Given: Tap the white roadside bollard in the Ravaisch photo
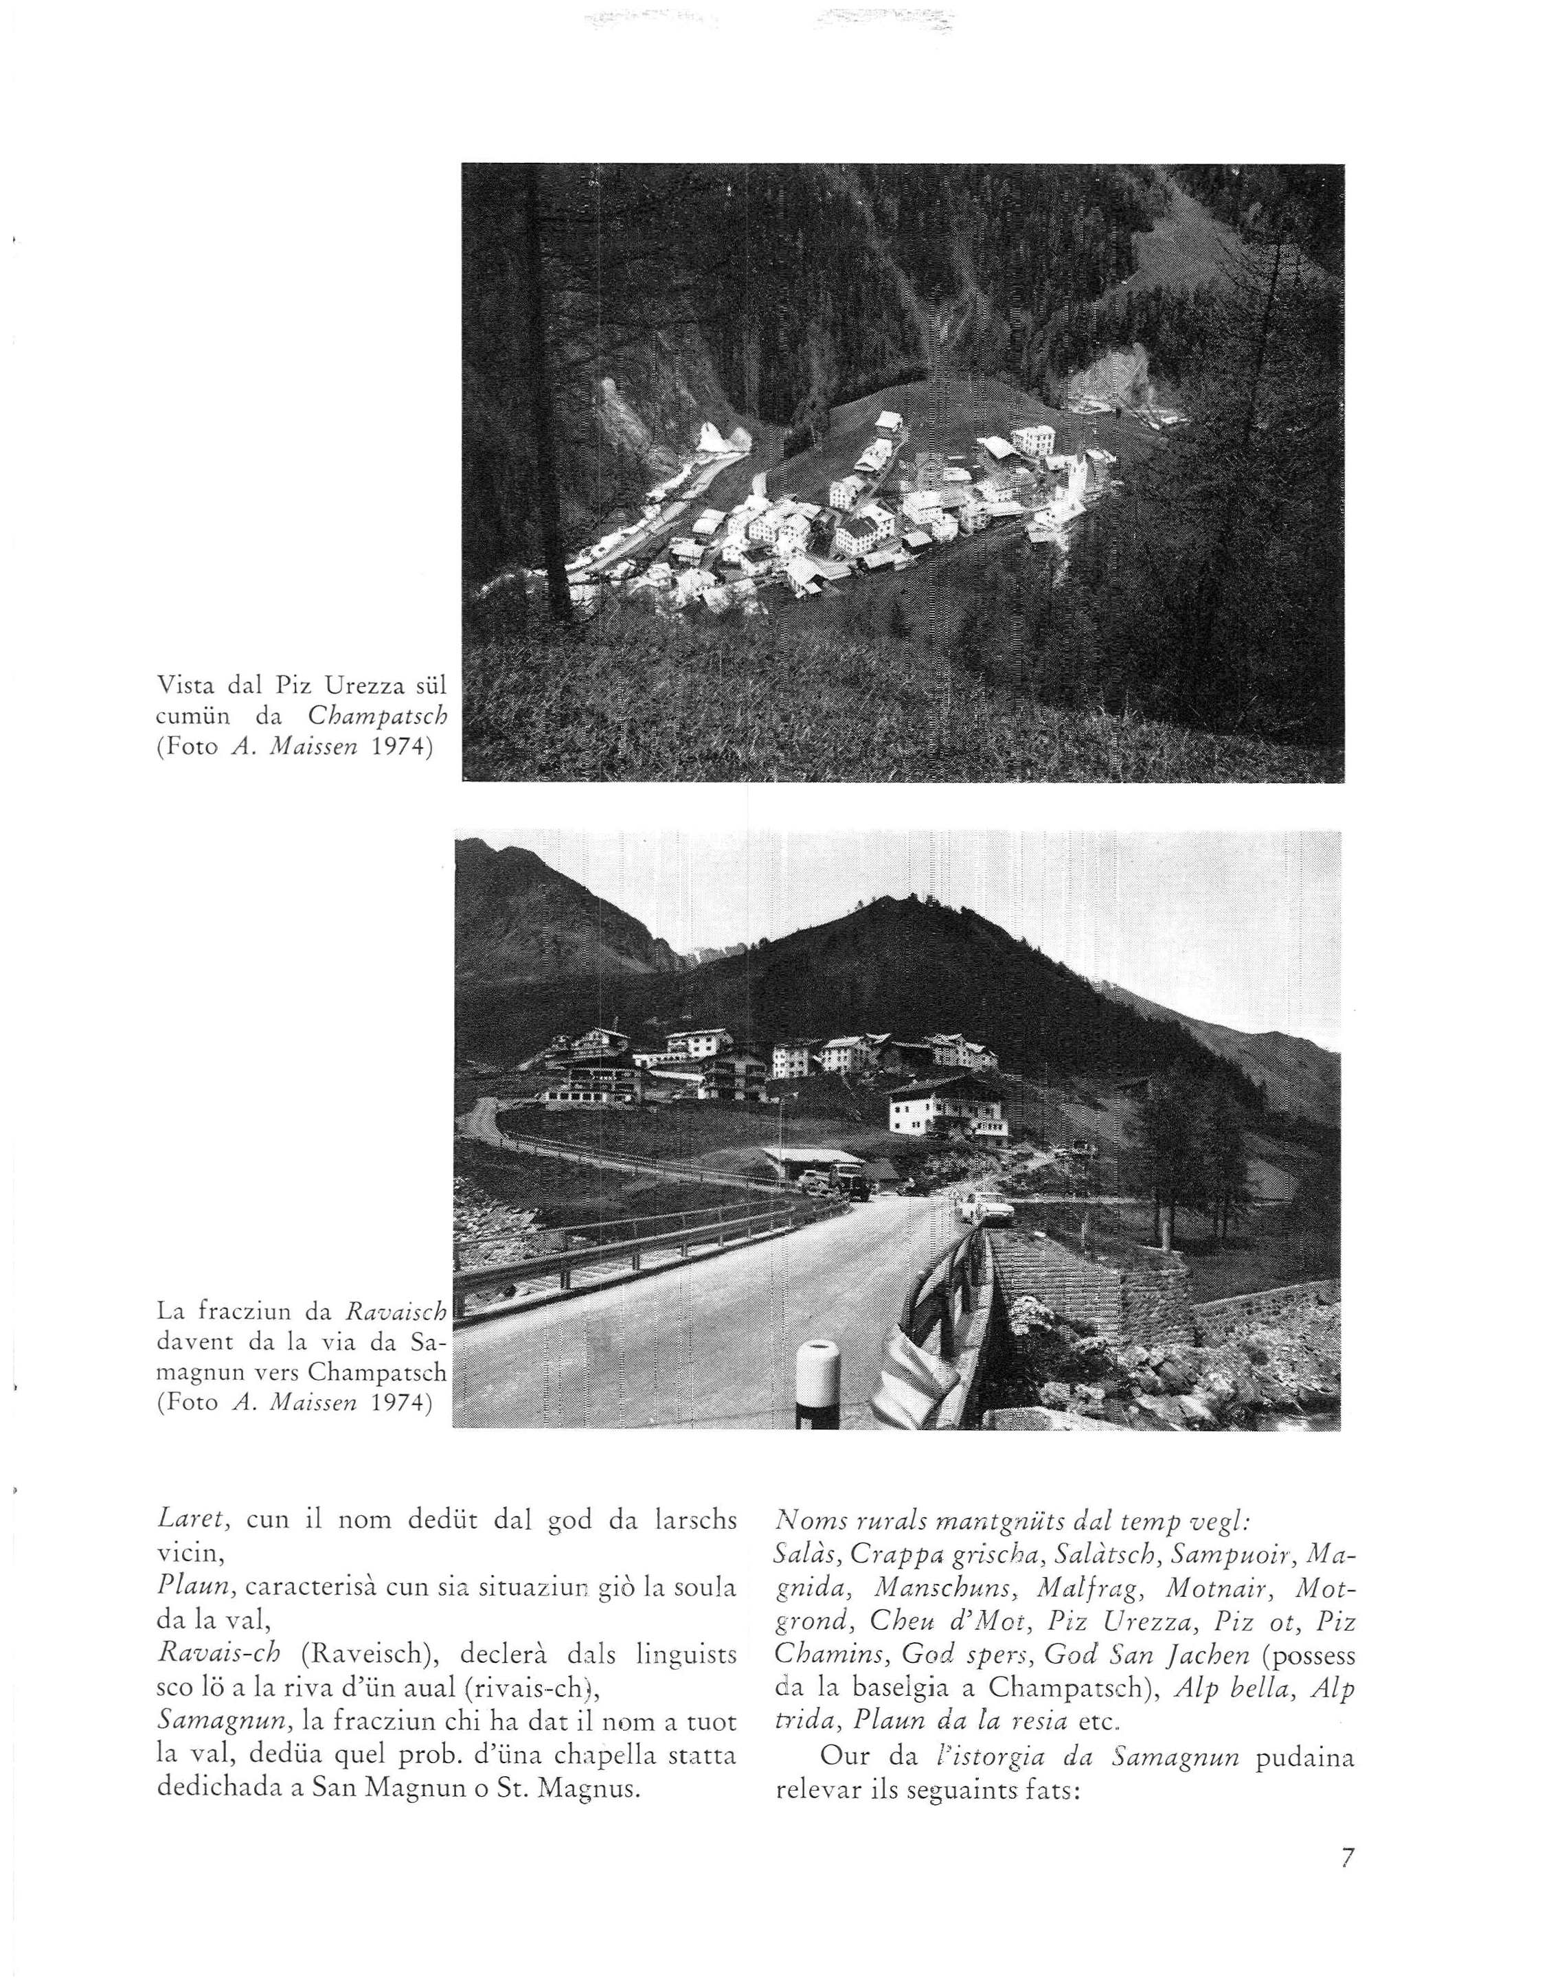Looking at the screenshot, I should pos(817,1385).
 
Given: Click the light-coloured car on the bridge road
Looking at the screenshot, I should pos(986,1207).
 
